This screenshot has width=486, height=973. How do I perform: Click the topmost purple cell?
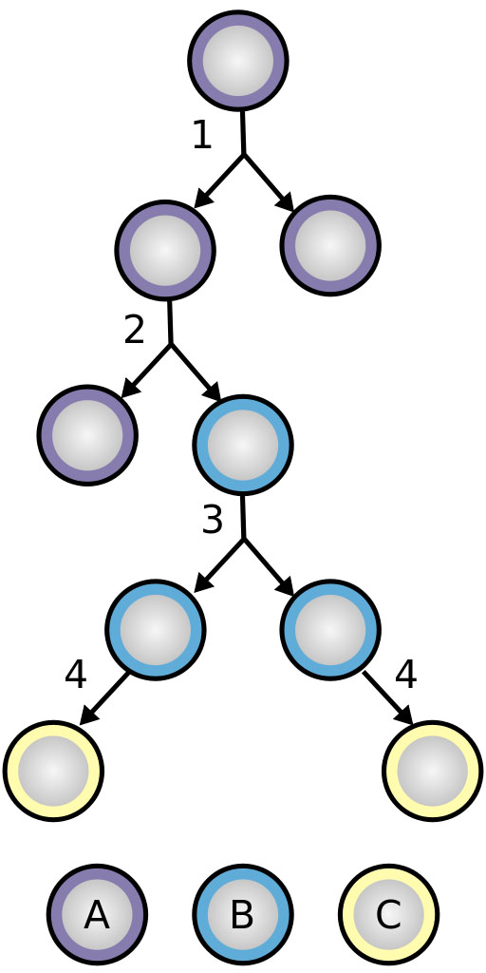(x=238, y=61)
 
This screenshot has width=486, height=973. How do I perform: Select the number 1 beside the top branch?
(x=202, y=135)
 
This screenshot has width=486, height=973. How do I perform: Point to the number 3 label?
(x=212, y=520)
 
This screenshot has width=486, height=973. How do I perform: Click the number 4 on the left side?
(x=75, y=676)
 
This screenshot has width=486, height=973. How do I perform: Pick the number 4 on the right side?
(x=406, y=676)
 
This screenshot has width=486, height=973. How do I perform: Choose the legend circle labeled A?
(x=98, y=914)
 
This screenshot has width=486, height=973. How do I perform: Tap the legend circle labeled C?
(x=388, y=914)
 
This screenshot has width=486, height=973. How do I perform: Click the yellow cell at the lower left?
(x=53, y=771)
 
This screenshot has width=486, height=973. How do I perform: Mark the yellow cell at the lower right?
(x=433, y=771)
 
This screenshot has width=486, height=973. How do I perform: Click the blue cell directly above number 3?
(x=243, y=445)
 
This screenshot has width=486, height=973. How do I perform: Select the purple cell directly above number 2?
(x=164, y=250)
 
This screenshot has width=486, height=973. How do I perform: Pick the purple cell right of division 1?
(x=329, y=245)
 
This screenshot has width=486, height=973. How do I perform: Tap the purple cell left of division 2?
(x=87, y=435)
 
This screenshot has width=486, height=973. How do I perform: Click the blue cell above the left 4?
(x=155, y=630)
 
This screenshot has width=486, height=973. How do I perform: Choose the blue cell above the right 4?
(x=329, y=630)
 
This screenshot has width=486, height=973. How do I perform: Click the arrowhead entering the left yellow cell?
(x=88, y=715)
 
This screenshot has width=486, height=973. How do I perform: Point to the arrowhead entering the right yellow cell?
(x=404, y=715)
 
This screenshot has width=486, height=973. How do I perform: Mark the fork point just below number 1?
(x=243, y=154)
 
